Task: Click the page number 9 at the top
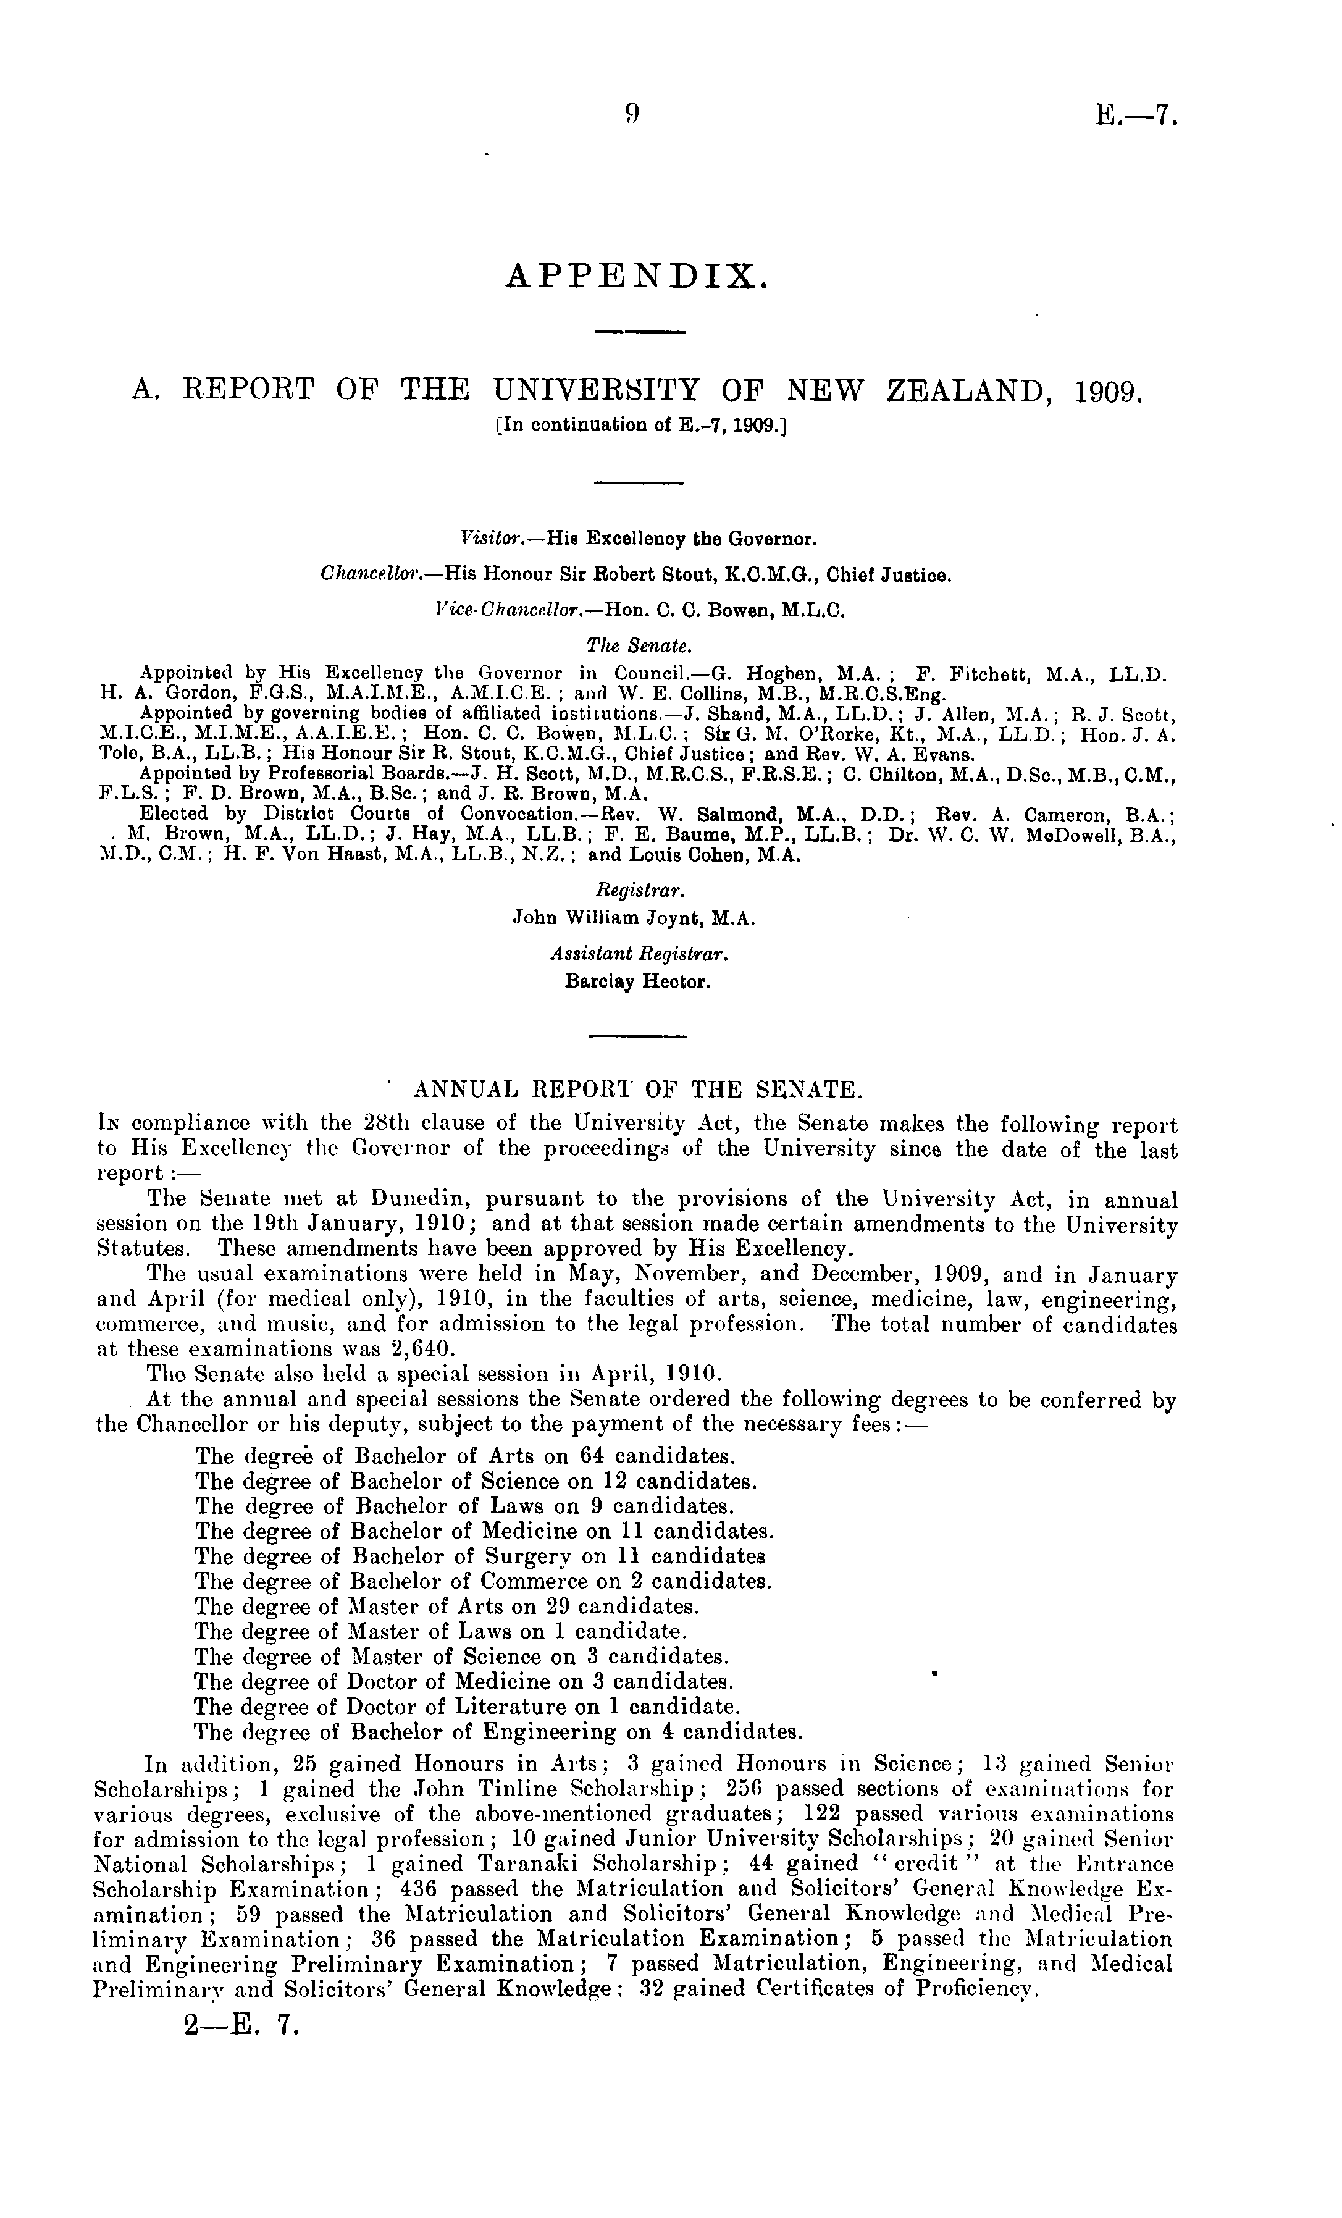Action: pyautogui.click(x=631, y=114)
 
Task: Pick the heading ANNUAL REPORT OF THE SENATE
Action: pyautogui.click(x=638, y=1090)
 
